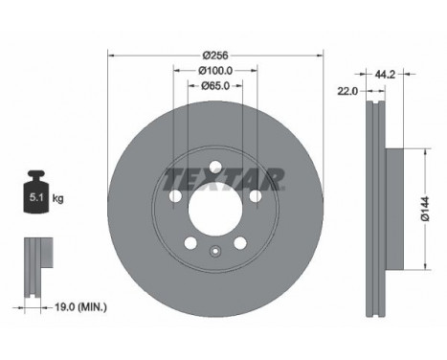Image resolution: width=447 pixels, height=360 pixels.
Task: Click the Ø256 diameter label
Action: coord(216,56)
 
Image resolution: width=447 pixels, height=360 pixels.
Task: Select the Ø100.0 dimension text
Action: coord(215,71)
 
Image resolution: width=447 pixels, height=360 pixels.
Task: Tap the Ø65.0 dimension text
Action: coord(215,85)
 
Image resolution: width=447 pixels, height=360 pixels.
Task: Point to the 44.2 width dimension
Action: coord(385,75)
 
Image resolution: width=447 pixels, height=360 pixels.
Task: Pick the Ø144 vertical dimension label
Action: coord(425,209)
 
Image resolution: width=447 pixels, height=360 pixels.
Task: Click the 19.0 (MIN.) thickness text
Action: coord(80,307)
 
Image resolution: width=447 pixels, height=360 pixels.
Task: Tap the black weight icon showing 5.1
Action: coord(36,191)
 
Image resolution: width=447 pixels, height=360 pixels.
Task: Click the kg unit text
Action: coord(57,198)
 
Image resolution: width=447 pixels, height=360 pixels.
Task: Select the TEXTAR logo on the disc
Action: coord(223,179)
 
